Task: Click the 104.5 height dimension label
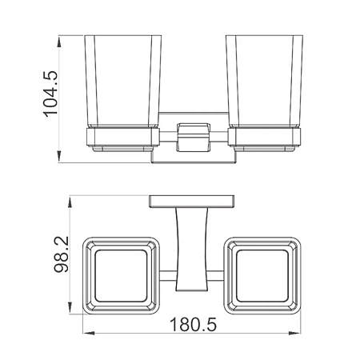(x=50, y=94)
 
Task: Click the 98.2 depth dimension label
(x=61, y=254)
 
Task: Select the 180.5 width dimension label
(x=193, y=324)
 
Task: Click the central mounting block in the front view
(x=193, y=138)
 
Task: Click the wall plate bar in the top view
(x=192, y=202)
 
